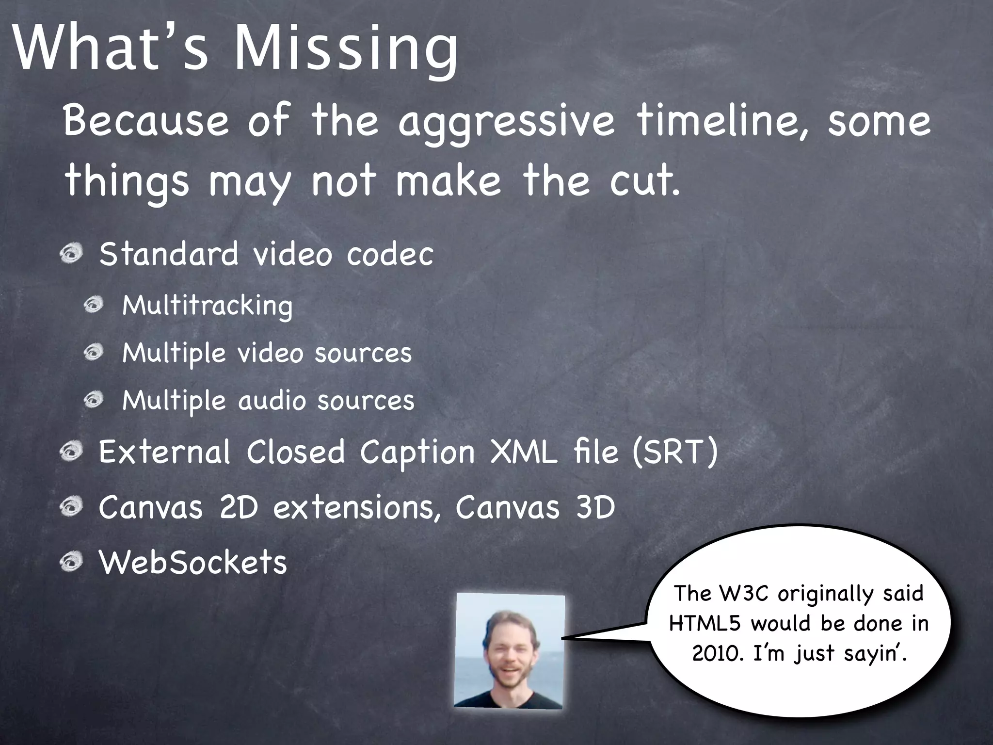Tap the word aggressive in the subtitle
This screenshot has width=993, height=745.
tap(506, 121)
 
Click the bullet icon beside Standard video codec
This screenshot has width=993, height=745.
tap(72, 254)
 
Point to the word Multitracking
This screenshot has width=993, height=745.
tap(208, 306)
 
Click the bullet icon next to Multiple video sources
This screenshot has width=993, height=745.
tap(94, 353)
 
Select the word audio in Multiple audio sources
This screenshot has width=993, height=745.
tap(272, 401)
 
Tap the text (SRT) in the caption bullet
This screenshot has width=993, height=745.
tap(674, 452)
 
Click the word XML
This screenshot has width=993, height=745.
tap(524, 452)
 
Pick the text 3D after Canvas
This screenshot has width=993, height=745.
tap(595, 507)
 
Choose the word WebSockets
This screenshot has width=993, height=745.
tap(193, 562)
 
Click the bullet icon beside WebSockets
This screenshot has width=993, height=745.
tap(72, 562)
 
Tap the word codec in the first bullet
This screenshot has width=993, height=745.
tap(390, 254)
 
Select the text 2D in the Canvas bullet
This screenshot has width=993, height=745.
tap(239, 507)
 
